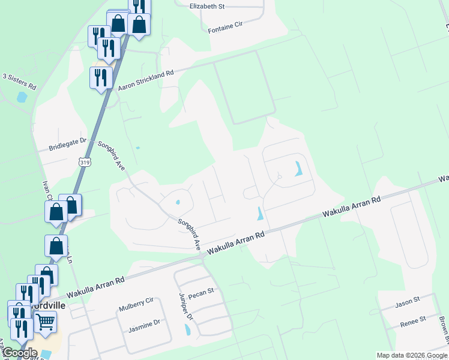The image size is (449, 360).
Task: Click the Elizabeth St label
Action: (206, 6)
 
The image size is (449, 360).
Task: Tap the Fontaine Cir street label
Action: (224, 27)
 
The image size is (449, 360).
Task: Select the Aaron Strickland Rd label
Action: (146, 80)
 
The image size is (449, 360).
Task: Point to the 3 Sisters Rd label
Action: (19, 82)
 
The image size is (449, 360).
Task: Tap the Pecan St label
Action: (201, 292)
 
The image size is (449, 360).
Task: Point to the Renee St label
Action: (413, 322)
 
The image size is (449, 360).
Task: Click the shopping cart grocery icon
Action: (46, 322)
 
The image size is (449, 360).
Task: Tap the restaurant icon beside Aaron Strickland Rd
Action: (101, 77)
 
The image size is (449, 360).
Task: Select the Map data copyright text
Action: (412, 355)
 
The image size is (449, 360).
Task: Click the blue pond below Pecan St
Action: (188, 329)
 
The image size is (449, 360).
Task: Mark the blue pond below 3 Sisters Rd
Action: (22, 96)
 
